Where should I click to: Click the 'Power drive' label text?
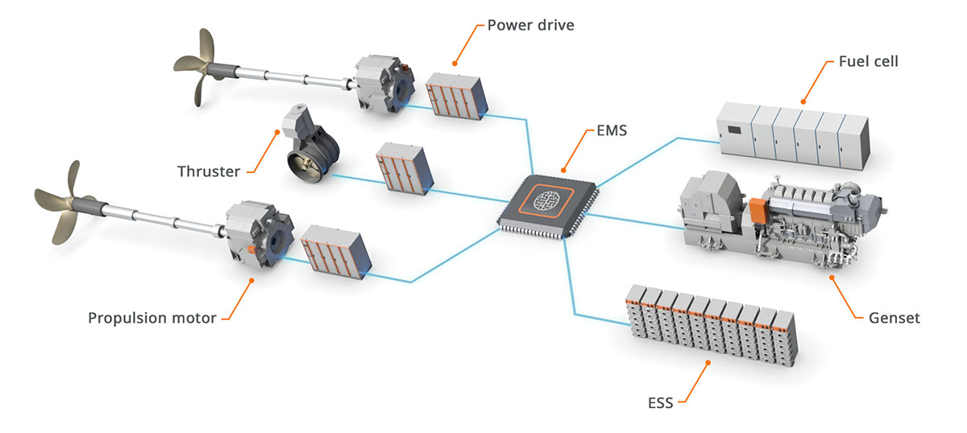click(531, 24)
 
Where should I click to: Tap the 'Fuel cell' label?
click(868, 61)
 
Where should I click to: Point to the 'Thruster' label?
click(209, 171)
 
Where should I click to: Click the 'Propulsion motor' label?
click(152, 317)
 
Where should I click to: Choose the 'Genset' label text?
click(893, 318)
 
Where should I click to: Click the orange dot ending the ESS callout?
click(708, 363)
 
